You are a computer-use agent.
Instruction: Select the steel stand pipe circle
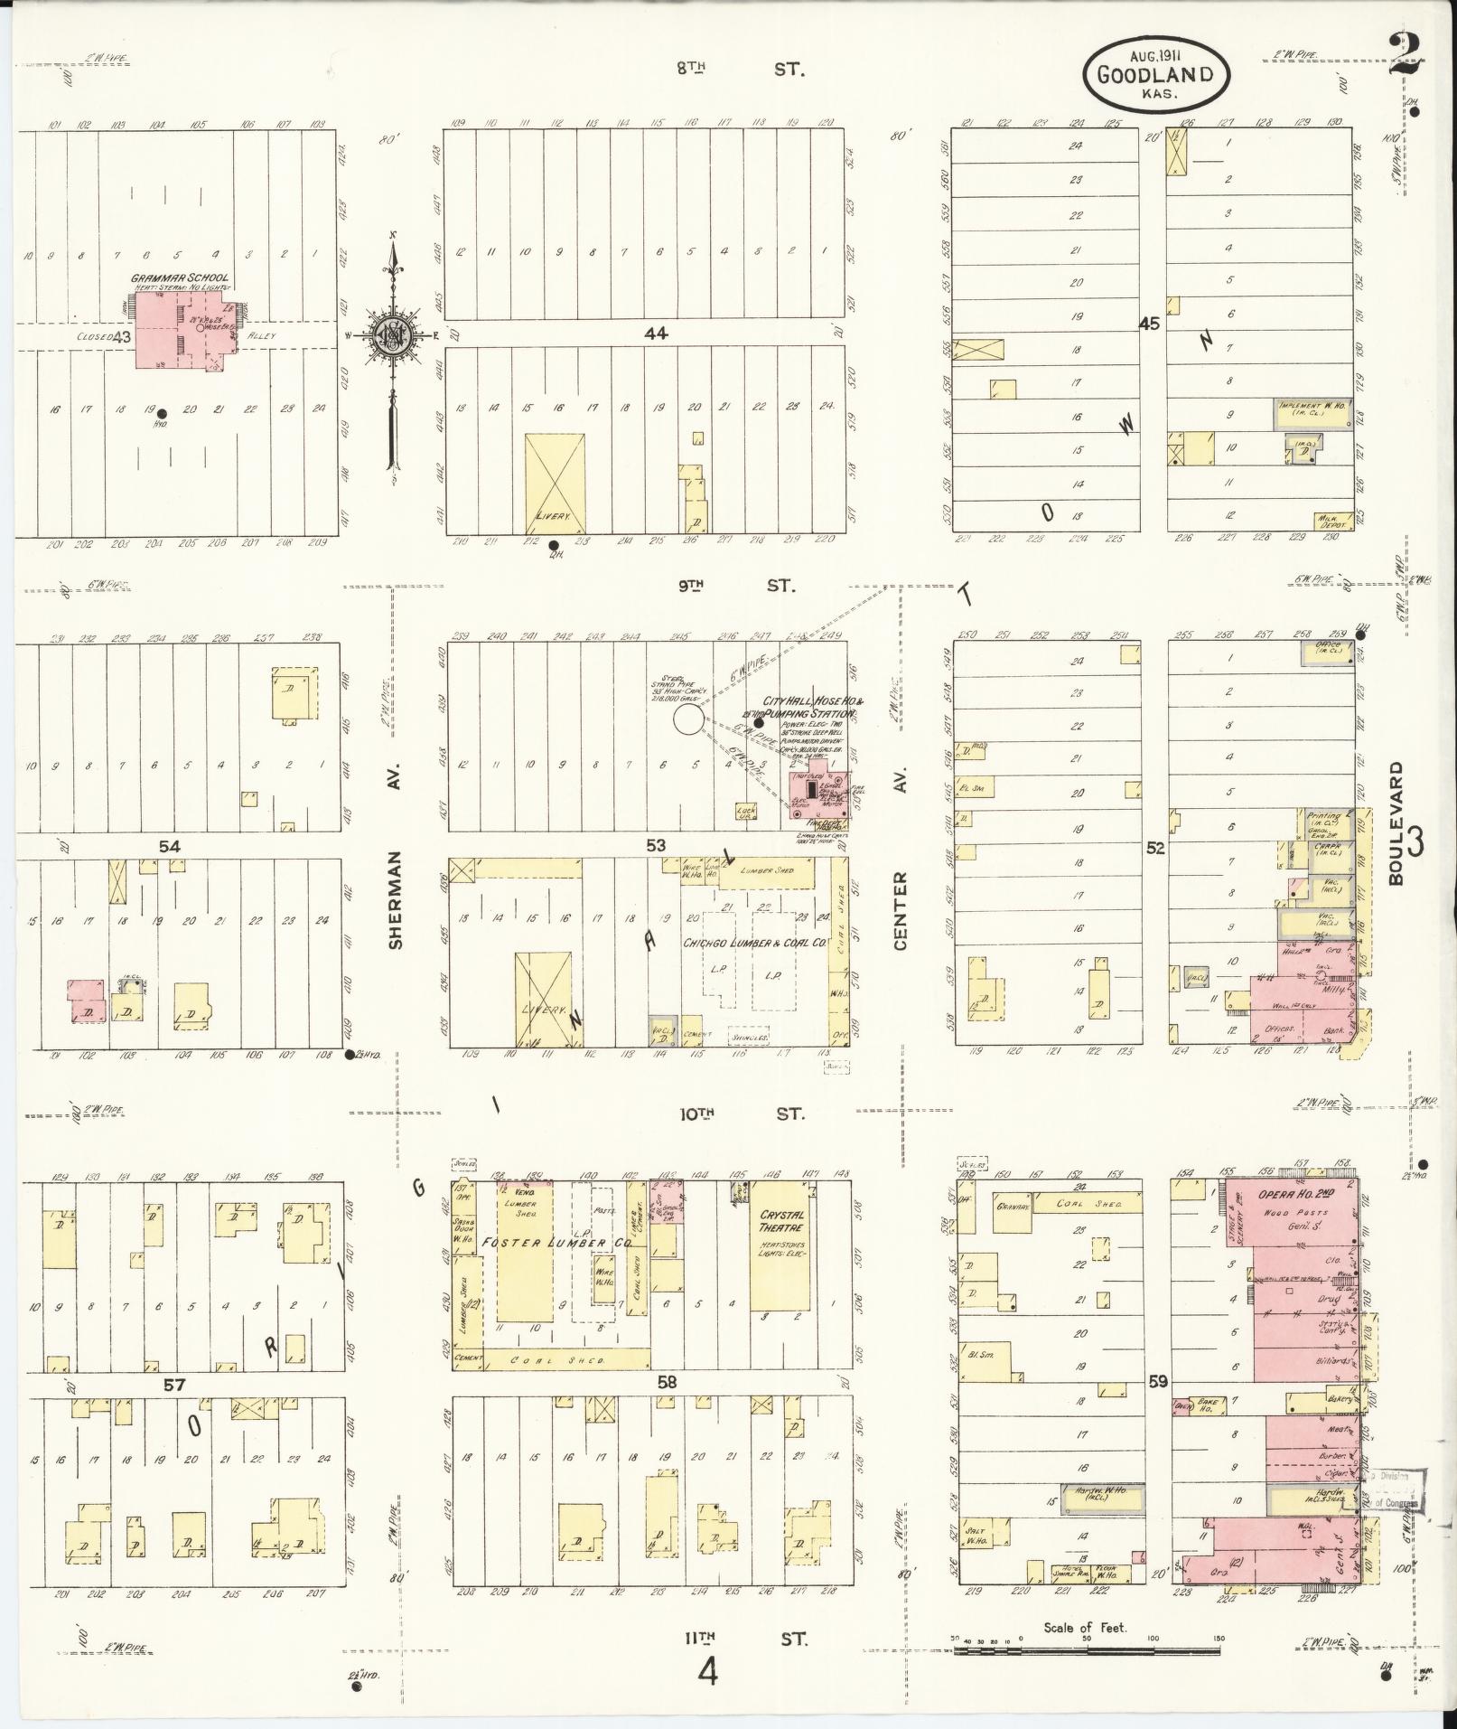tap(688, 720)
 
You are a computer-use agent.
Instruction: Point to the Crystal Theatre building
tap(782, 1245)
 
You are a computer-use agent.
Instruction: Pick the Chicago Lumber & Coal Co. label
tap(755, 942)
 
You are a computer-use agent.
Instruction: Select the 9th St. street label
tap(736, 586)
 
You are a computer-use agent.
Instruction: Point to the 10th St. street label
tap(740, 1114)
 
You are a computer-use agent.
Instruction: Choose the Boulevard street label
tap(1396, 822)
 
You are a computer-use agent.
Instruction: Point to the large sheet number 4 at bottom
tap(707, 1674)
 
